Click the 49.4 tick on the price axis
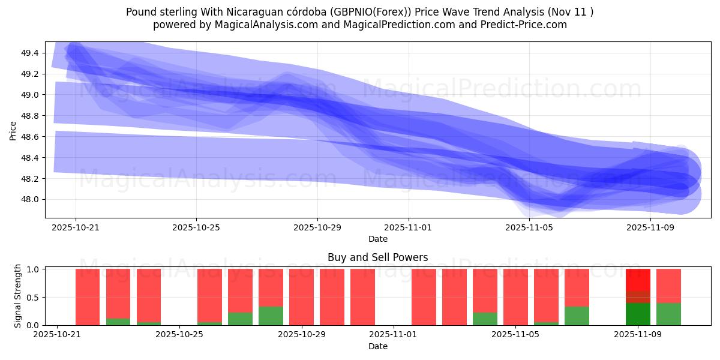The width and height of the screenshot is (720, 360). (x=30, y=53)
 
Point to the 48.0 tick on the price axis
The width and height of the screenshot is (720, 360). (x=30, y=200)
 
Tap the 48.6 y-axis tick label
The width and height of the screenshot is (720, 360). (x=30, y=137)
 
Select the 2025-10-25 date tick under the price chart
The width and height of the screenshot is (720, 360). (x=196, y=228)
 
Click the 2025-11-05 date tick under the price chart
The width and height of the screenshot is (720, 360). (x=529, y=228)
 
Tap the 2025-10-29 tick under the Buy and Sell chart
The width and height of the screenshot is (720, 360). (x=302, y=335)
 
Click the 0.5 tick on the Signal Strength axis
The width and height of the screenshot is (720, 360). (x=33, y=298)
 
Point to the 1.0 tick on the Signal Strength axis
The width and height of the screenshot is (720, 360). (x=33, y=269)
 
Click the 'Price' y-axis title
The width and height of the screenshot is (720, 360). (x=13, y=130)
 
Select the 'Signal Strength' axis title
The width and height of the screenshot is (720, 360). (x=18, y=296)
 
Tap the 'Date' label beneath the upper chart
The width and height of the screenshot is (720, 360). (x=378, y=239)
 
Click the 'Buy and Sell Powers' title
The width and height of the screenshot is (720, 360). (x=378, y=257)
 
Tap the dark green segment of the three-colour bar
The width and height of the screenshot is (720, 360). (x=638, y=314)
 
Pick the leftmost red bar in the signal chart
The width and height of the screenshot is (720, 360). (x=88, y=297)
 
